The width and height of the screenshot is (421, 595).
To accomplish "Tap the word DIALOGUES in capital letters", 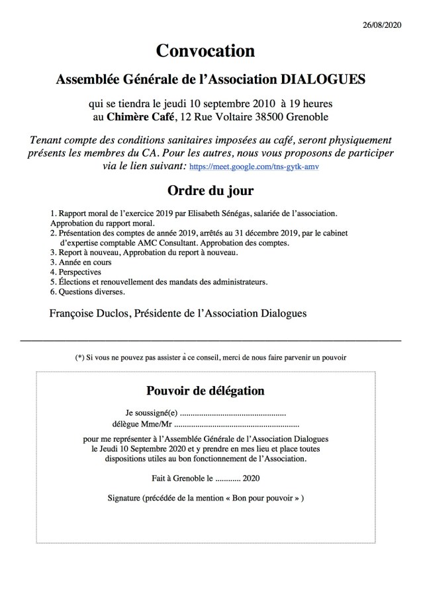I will pyautogui.click(x=320, y=80).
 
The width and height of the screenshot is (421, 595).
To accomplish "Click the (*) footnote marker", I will pyautogui.click(x=79, y=358).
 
